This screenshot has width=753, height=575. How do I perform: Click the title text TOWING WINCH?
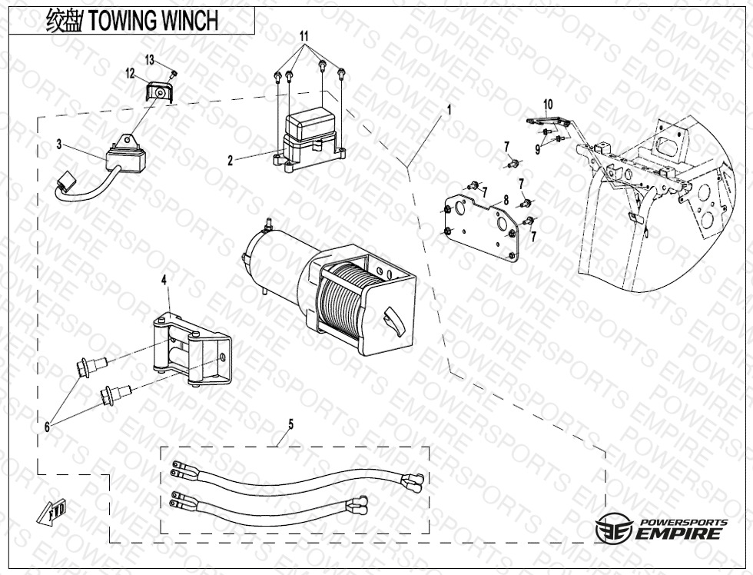coord(153,21)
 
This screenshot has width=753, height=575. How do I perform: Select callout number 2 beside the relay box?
coord(230,161)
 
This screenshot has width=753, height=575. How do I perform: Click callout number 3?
coord(58,143)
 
